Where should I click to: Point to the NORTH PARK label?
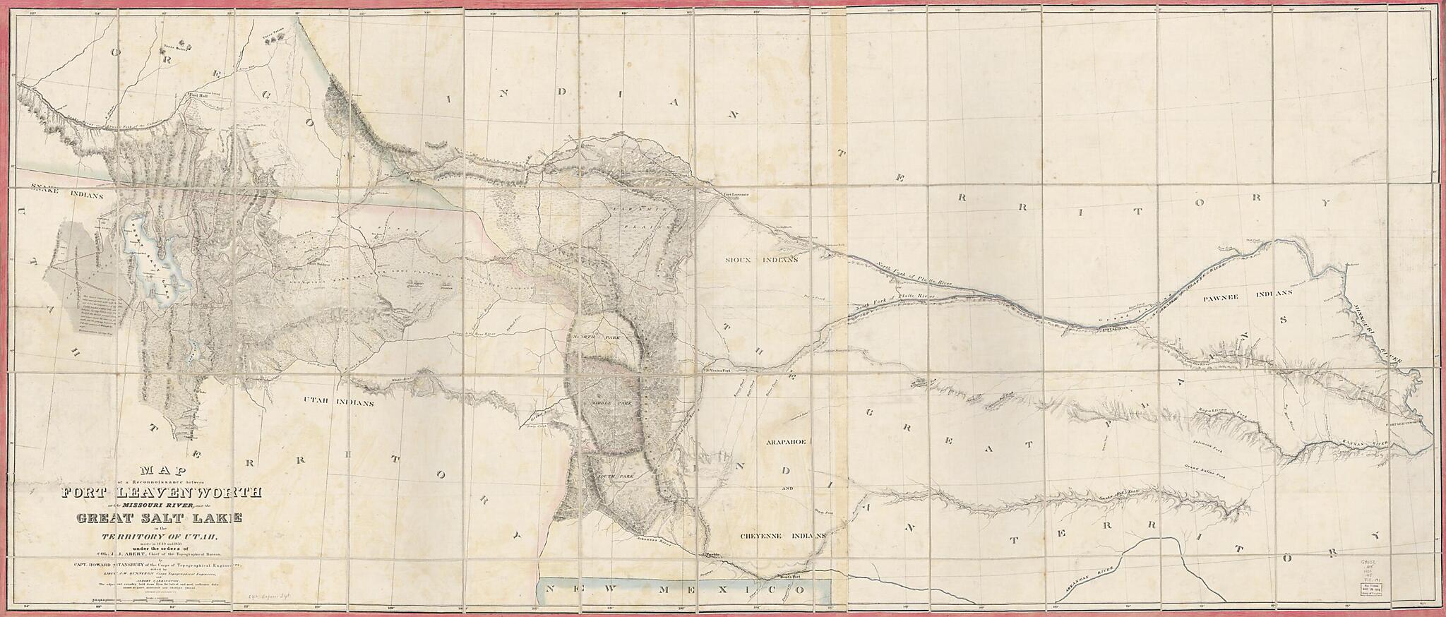(x=594, y=337)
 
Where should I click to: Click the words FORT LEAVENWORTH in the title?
(x=162, y=493)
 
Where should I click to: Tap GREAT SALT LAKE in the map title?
(x=159, y=518)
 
